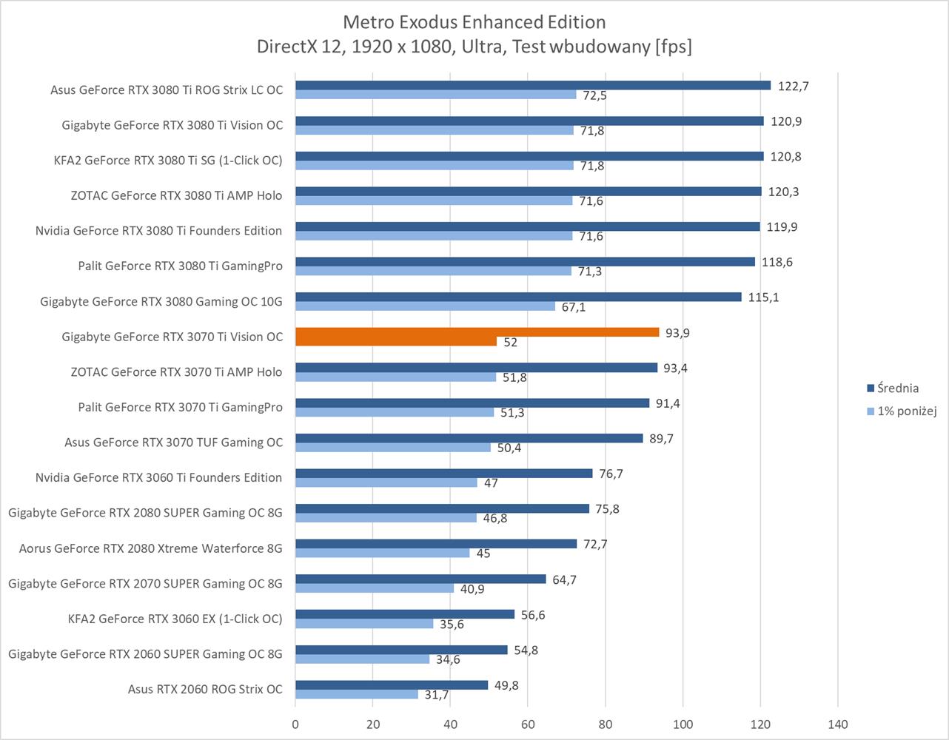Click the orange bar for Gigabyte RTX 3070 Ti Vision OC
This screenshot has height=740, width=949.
(477, 332)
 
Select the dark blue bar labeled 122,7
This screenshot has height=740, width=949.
(532, 86)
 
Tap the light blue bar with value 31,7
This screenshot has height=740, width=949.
(357, 694)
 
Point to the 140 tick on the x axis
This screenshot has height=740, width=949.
(838, 724)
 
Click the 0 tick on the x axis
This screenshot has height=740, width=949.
(295, 724)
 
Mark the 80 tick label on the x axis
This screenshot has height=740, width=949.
(606, 724)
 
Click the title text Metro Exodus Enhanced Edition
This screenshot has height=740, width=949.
(474, 22)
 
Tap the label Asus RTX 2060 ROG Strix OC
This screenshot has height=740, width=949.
(205, 689)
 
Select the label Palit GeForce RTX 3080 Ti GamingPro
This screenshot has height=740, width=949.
(180, 266)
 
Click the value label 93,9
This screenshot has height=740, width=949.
(677, 333)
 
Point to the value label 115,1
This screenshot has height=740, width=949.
(762, 297)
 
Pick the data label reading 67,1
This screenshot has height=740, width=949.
(574, 307)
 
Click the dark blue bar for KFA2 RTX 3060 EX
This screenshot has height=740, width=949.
(405, 614)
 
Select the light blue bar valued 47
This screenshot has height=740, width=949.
(386, 482)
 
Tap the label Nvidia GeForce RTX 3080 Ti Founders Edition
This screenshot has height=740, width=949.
(158, 231)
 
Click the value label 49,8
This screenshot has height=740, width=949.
(506, 685)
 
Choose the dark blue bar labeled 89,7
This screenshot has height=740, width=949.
(469, 438)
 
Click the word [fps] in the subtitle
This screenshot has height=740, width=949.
(673, 47)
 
